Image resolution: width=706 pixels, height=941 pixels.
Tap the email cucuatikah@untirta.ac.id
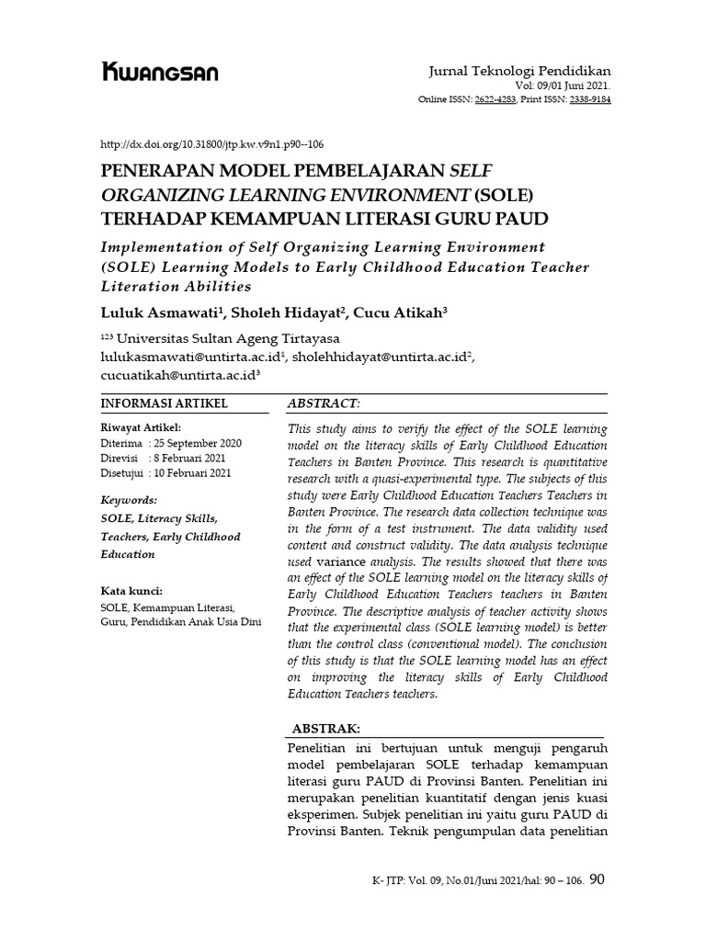[178, 375]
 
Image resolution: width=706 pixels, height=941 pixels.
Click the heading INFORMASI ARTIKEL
[163, 403]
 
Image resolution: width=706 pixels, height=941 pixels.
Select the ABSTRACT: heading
[324, 403]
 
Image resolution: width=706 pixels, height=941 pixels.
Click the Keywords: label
[129, 501]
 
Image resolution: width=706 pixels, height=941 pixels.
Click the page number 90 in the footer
[596, 879]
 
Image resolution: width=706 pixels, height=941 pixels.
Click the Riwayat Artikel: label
[140, 427]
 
